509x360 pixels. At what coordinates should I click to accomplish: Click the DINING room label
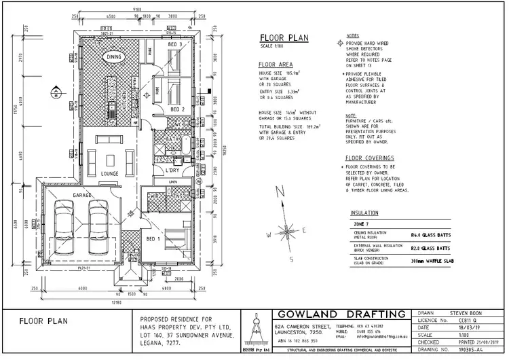113,58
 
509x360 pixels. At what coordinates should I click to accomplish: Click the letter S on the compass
290,259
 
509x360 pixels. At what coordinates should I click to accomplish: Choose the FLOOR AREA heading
276,65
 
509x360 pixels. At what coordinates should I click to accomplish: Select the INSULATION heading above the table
364,213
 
